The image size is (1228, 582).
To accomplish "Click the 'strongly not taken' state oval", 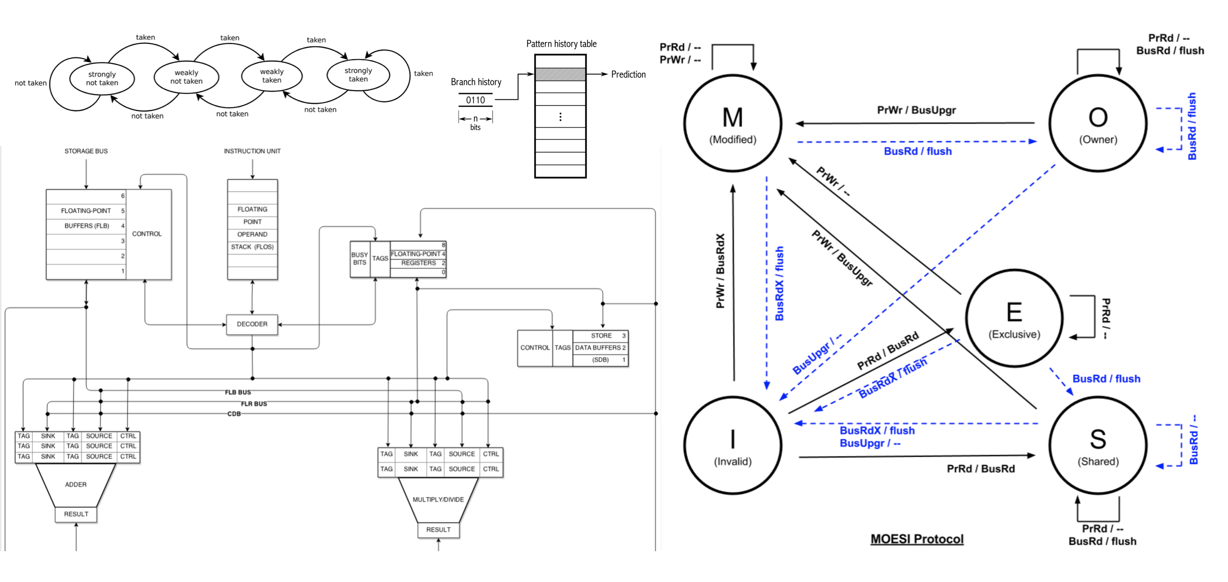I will pos(102,79).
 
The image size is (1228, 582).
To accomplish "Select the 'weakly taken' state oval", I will pos(271,76).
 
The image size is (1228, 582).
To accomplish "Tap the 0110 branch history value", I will pos(475,100).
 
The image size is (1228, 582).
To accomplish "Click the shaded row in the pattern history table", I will pos(560,74).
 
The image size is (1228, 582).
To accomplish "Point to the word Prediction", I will pos(628,74).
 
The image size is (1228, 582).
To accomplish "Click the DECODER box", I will pos(252,324).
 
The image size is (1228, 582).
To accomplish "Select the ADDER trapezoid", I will pos(76,484).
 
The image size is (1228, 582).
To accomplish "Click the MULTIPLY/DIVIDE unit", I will pos(438,499).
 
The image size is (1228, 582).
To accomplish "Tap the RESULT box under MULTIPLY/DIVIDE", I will pos(438,529).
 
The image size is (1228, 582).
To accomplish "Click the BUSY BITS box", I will pos(359,259).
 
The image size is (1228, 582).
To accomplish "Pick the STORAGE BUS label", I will pos(86,151).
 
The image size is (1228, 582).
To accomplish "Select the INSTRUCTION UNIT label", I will pos(252,151).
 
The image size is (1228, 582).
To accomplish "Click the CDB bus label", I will pos(234,414).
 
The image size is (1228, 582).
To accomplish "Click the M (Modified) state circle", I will pos(732,123).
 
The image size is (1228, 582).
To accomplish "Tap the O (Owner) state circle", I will pos(1097,123).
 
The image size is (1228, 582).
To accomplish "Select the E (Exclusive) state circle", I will pos(1014,318).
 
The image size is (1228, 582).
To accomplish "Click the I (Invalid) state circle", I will pos(732,445).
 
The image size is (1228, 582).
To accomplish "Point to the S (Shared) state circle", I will pos(1097,445).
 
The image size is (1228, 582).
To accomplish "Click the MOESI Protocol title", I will pos(916,539).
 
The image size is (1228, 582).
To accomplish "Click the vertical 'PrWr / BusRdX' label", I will pos(720,271).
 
